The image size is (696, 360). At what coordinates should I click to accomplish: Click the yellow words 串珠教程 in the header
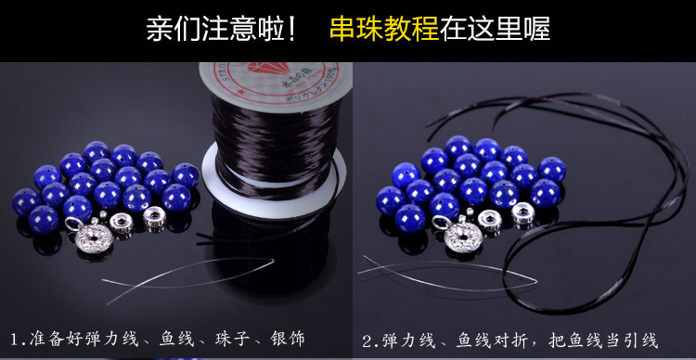384,29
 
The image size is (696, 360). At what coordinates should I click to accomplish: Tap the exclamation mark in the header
291,30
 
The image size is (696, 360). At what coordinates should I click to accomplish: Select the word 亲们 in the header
174,29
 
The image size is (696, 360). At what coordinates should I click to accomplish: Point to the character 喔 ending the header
536,29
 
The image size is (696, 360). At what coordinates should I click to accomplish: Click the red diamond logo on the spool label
269,68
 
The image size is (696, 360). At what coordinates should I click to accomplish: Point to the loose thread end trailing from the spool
266,226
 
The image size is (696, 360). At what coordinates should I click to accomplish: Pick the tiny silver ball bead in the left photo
102,215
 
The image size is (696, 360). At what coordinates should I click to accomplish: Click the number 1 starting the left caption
15,340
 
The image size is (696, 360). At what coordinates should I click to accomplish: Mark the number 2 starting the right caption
367,341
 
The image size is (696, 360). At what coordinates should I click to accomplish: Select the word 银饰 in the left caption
288,340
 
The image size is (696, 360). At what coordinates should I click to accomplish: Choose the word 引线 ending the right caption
639,341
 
